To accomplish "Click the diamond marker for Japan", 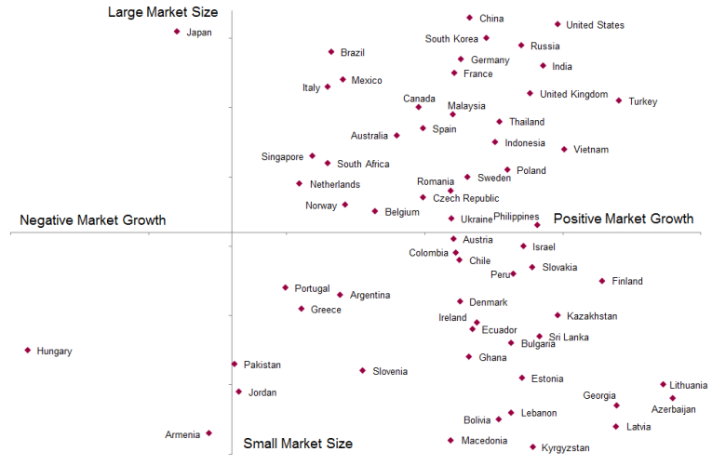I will pyautogui.click(x=177, y=32).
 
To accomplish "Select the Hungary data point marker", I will pyautogui.click(x=28, y=351).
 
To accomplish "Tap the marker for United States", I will pyautogui.click(x=558, y=24).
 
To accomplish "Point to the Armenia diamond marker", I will pyautogui.click(x=208, y=433).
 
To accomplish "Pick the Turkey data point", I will pyautogui.click(x=618, y=100).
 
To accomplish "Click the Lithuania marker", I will pyautogui.click(x=664, y=384).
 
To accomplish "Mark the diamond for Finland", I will pyautogui.click(x=602, y=281).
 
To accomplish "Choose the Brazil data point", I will pyautogui.click(x=330, y=52).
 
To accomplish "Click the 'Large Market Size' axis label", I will pyautogui.click(x=163, y=12).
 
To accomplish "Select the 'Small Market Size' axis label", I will pyautogui.click(x=298, y=444).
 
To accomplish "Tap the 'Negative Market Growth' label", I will pyautogui.click(x=93, y=220).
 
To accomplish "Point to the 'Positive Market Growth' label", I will pyautogui.click(x=624, y=219).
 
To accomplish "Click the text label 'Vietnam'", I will pyautogui.click(x=591, y=150).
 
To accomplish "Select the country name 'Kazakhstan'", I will pyautogui.click(x=592, y=316).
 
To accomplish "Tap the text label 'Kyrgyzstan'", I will pyautogui.click(x=565, y=448).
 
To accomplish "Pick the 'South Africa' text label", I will pyautogui.click(x=363, y=165).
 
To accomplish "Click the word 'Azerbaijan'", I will pyautogui.click(x=673, y=409).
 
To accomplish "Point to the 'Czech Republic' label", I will pyautogui.click(x=465, y=198).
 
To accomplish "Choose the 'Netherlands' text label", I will pyautogui.click(x=334, y=184).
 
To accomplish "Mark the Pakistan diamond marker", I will pyautogui.click(x=234, y=364).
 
